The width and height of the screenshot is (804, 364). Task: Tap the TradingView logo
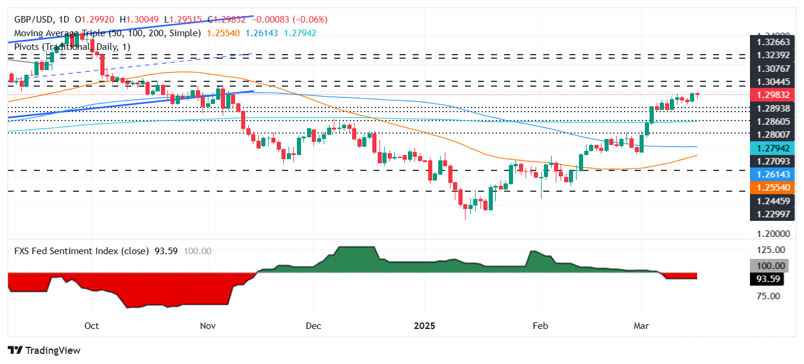[x=44, y=350]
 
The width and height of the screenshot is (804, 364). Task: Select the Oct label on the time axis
[x=91, y=325]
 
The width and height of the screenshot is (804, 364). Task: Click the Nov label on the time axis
[x=208, y=325]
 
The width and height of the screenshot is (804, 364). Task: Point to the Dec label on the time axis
[x=314, y=325]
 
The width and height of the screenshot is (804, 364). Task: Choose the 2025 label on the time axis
[x=425, y=325]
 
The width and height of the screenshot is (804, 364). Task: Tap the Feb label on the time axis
[x=540, y=325]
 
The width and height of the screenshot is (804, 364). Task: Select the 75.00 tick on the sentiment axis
[x=768, y=296]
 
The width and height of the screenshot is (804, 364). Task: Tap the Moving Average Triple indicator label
[x=107, y=33]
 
